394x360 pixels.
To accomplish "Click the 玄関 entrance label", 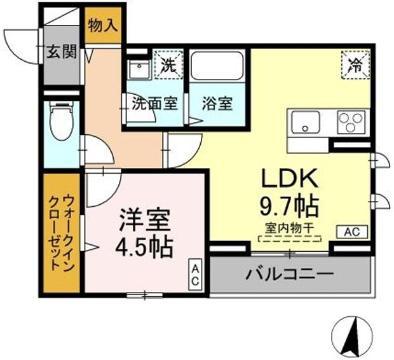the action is [x=61, y=52].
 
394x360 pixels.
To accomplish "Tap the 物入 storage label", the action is [x=103, y=25].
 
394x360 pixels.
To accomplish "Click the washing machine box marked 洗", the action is [x=169, y=65].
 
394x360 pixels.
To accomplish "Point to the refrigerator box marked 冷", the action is [x=356, y=65].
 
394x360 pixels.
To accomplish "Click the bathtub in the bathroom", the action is [x=217, y=65].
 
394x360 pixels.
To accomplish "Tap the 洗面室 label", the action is [x=154, y=104].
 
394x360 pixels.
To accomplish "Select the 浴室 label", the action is [x=217, y=104].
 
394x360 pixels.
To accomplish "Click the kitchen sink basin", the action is [x=305, y=122].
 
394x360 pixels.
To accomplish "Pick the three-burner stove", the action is [x=351, y=122].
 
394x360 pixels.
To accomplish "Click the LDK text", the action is [x=289, y=178].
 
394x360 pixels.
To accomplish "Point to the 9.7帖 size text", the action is [x=289, y=206].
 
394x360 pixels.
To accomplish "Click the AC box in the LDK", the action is [x=352, y=232].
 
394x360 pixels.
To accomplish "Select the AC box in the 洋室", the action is [x=196, y=274].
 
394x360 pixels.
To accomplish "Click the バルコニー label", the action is [x=289, y=275].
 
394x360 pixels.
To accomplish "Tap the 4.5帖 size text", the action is [x=144, y=247].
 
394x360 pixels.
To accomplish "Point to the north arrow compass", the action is [x=352, y=335].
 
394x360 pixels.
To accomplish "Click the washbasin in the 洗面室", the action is [x=139, y=70].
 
